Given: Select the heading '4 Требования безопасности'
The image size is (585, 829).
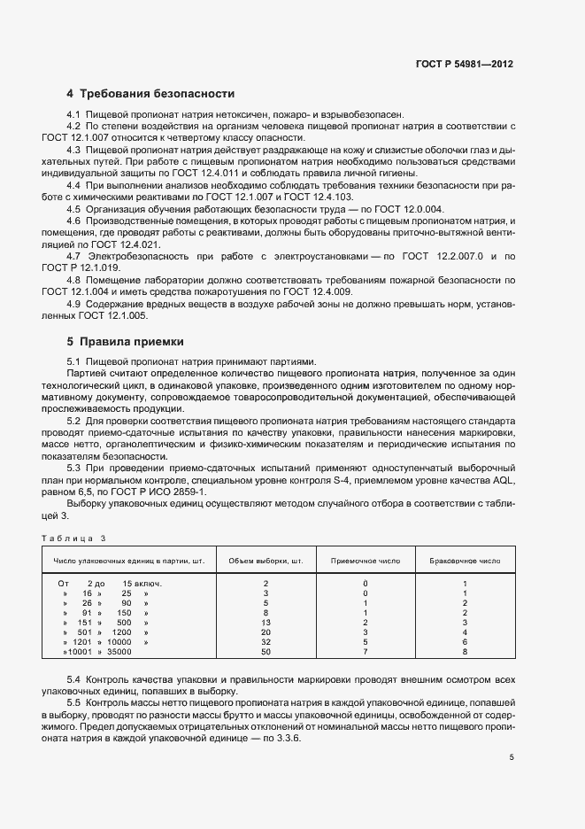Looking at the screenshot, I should coord(150,93).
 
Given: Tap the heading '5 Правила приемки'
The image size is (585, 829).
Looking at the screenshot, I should coord(125,341).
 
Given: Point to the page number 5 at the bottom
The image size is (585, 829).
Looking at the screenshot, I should coord(512,756).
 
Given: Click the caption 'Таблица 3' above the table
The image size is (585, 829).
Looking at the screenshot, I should coord(73,538).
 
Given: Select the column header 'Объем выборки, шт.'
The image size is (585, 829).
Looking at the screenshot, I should coord(266,561).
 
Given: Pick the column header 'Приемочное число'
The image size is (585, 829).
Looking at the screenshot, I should coord(365,561).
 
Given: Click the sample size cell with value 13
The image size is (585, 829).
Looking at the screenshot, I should coord(266,623).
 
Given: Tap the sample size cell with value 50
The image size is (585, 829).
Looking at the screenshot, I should coord(266,652).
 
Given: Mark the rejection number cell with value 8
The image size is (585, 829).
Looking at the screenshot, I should coord(465,652).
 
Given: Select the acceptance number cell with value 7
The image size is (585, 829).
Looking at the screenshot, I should coord(365,652).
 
